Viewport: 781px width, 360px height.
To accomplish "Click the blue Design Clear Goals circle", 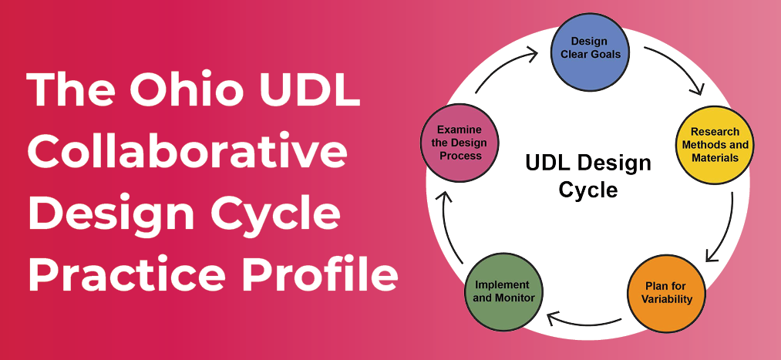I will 590,49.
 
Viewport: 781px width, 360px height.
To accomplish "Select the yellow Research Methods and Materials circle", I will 714,145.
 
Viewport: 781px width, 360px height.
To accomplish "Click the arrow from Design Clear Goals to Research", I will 675,68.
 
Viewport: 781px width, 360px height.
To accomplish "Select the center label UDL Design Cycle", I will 587,175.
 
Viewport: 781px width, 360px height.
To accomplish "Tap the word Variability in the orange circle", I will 668,299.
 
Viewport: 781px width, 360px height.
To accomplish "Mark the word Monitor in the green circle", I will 519,298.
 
